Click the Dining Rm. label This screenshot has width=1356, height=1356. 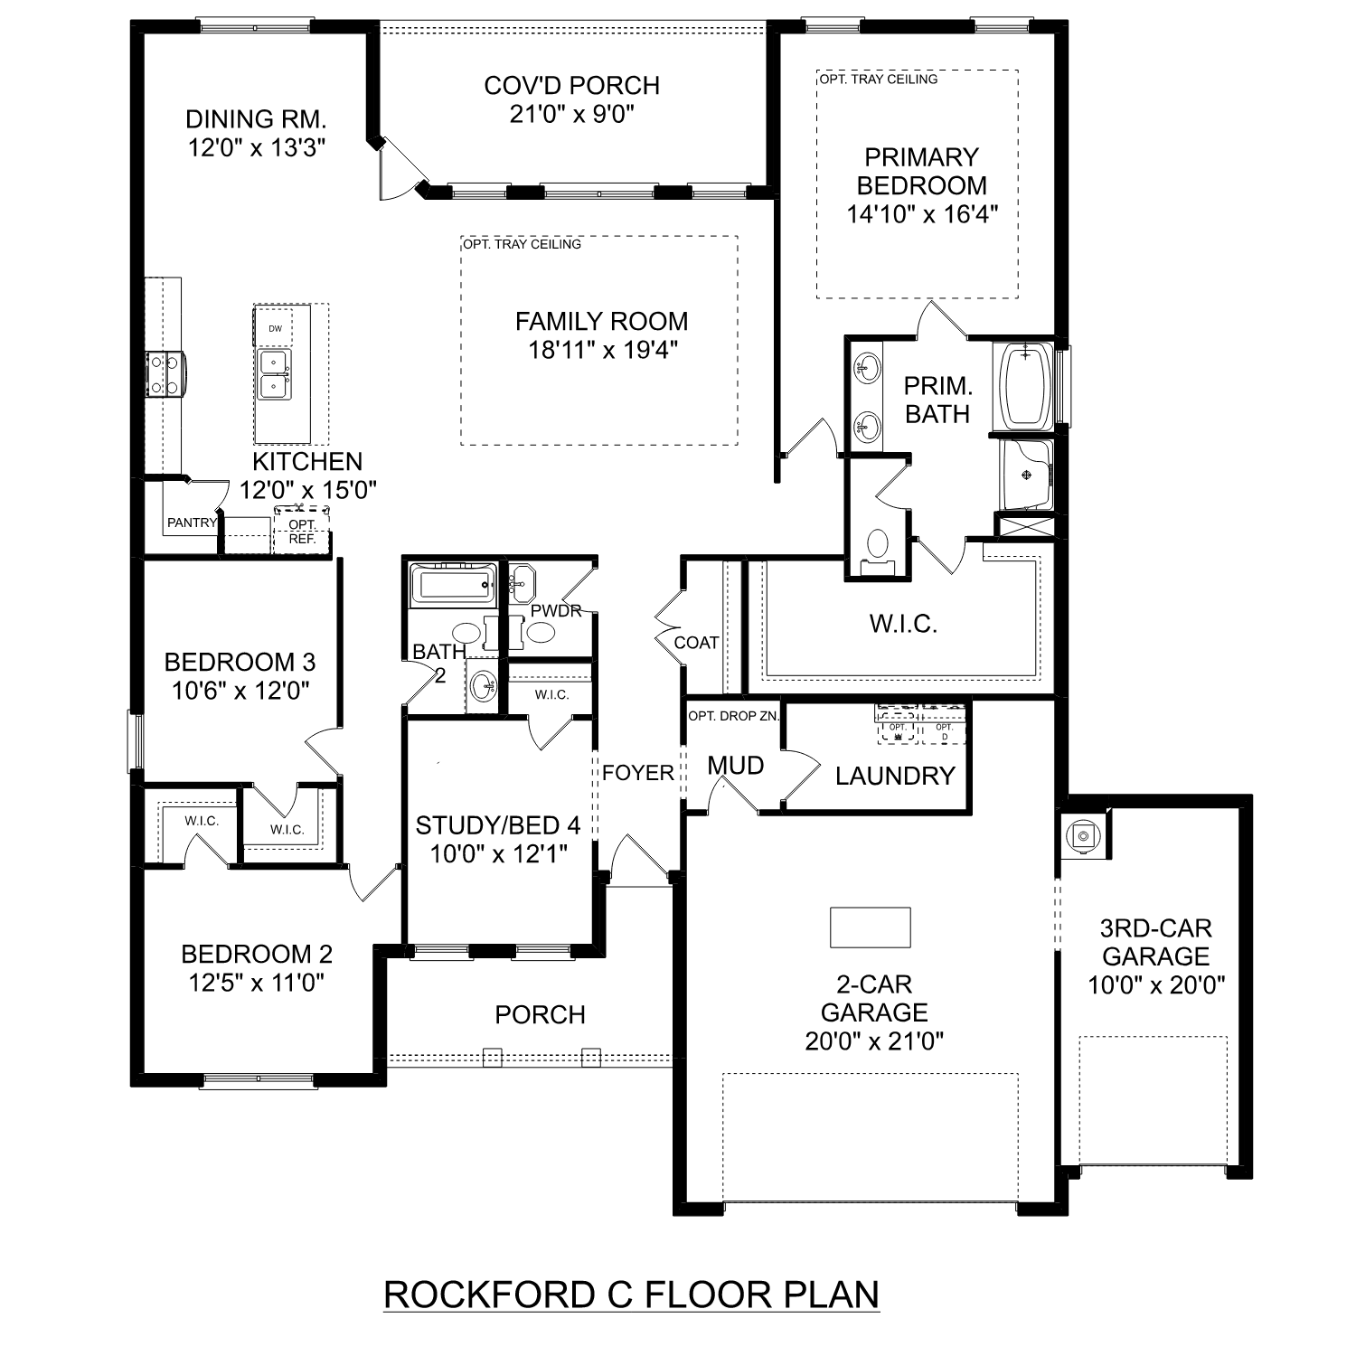256,119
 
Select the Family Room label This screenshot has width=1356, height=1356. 601,321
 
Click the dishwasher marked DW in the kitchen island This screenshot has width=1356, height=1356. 275,329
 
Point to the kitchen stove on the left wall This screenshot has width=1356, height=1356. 165,373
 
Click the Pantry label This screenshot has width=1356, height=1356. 192,523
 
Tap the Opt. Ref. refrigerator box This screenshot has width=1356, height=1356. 302,532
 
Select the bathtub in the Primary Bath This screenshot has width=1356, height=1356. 1024,385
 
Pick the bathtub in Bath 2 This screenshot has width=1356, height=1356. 452,585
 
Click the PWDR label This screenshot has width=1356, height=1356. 556,611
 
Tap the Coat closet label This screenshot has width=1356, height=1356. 696,643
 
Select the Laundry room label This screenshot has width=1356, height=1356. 895,776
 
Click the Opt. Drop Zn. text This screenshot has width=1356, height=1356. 733,716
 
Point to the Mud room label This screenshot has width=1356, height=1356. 735,766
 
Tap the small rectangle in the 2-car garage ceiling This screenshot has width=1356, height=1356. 870,927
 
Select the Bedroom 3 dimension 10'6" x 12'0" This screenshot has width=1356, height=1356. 240,692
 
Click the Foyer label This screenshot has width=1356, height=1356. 638,773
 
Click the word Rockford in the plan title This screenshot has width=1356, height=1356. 485,1295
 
